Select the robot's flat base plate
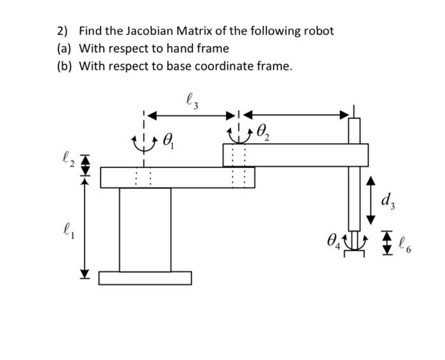point(145,278)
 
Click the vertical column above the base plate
point(145,229)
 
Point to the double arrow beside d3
point(371,202)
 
